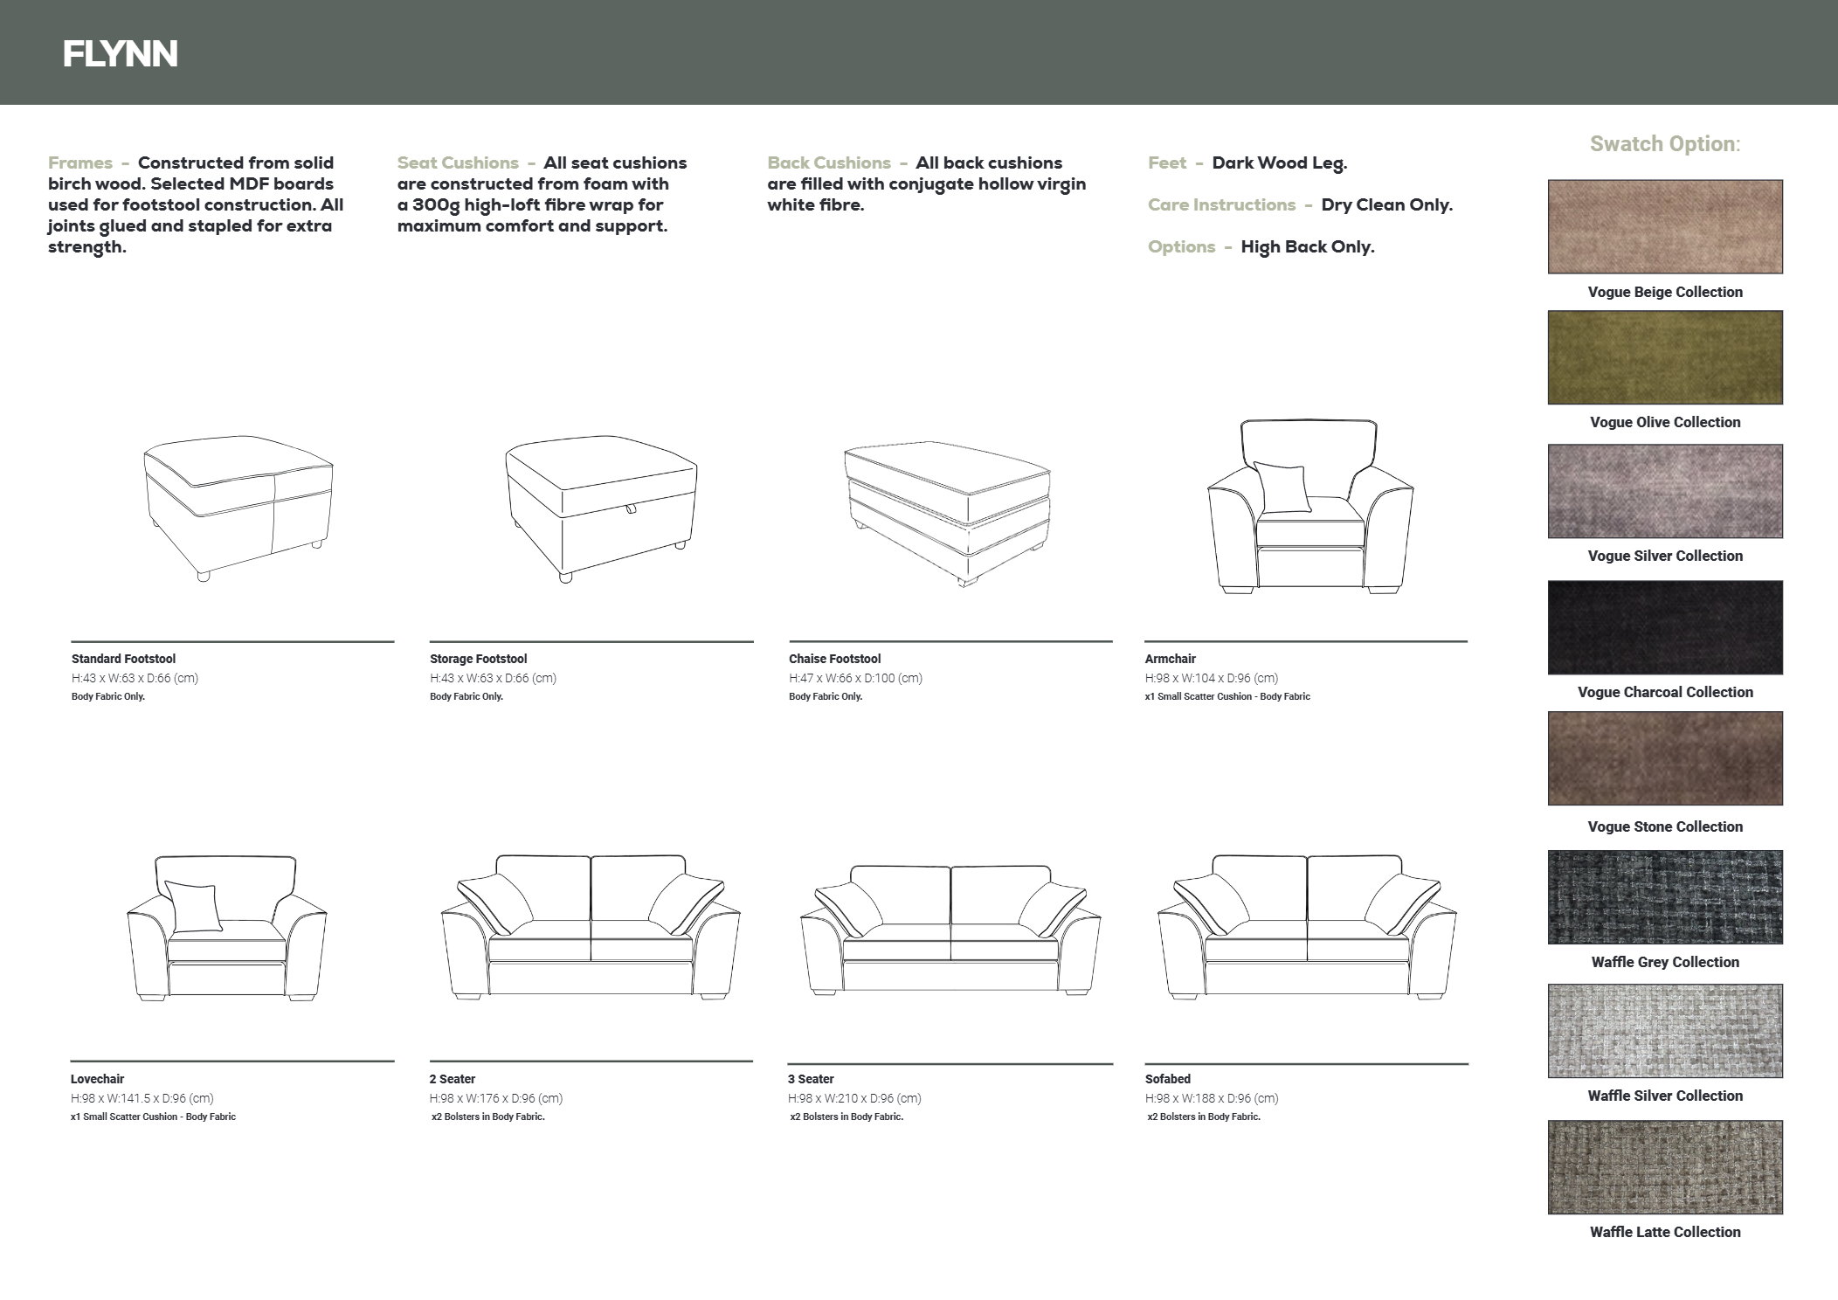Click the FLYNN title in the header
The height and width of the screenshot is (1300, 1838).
121,54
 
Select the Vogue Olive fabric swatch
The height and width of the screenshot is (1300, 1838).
1665,357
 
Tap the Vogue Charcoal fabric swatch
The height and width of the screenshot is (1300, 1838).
1665,627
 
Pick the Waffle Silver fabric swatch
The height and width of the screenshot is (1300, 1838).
1665,1031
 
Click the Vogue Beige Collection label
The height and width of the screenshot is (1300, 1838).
1665,292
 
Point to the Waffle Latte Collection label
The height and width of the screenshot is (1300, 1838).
1665,1232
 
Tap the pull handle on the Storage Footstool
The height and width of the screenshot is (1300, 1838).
630,509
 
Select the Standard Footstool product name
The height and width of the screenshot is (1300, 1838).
123,659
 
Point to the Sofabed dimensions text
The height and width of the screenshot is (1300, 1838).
1212,1098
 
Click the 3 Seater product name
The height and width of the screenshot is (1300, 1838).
811,1079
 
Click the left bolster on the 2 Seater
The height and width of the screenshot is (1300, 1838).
494,905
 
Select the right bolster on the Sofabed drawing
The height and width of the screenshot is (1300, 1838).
1403,905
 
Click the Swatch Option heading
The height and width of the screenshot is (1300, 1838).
1665,144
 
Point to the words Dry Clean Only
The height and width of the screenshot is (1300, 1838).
1387,205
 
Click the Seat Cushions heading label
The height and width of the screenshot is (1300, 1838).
458,163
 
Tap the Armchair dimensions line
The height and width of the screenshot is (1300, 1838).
1212,678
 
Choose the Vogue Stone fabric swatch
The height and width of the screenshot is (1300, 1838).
1665,758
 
